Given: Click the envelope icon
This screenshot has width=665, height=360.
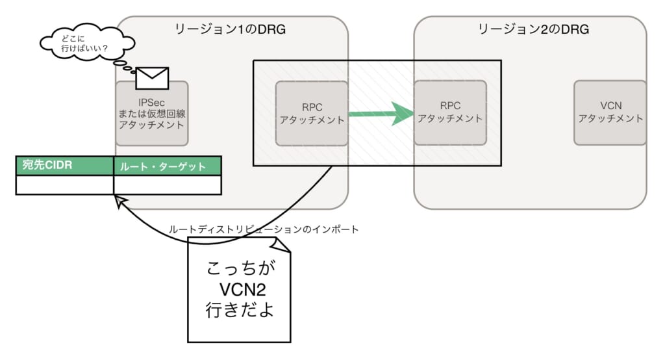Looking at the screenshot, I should (x=152, y=78).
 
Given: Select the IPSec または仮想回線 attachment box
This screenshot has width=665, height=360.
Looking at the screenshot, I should (x=152, y=113).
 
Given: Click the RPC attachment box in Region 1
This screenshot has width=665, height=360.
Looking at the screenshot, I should (x=310, y=113).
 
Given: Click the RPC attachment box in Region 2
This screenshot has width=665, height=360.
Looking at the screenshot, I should (x=450, y=113).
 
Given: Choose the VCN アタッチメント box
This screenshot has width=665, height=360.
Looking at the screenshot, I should (x=610, y=113).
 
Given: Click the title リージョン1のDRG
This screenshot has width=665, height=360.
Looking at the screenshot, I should (x=231, y=29).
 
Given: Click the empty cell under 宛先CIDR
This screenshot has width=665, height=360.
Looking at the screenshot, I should (x=64, y=185).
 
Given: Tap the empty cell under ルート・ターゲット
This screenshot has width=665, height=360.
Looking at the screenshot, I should (x=167, y=185).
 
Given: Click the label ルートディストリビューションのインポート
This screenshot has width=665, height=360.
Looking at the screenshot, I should (x=264, y=229).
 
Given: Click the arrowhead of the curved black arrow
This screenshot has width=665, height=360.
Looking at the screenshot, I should (x=119, y=203).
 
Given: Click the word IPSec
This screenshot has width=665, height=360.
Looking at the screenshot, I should (x=152, y=102).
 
